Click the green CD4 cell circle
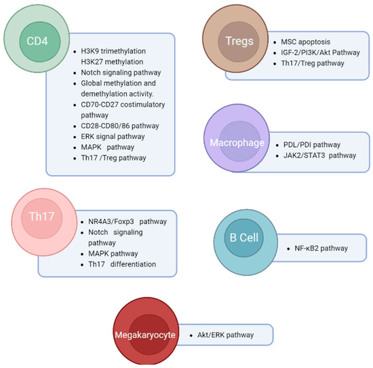click(33, 39)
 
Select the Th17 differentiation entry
click(121, 264)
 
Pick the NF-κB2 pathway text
click(321, 249)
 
